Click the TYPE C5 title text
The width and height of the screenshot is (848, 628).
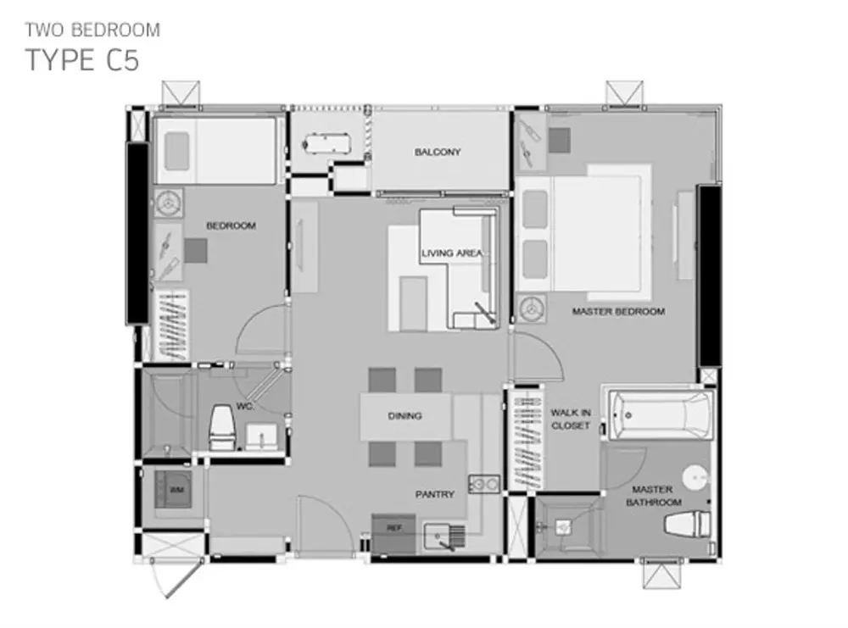pos(82,59)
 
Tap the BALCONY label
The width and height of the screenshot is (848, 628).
pos(438,152)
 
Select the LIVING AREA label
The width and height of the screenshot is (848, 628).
pos(452,253)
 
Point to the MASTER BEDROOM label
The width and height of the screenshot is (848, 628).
pos(618,311)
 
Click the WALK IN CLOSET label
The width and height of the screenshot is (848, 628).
pos(571,419)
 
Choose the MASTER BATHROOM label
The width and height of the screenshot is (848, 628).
pos(653,496)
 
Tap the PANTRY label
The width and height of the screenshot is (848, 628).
pos(435,494)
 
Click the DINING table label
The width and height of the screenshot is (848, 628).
pos(404,415)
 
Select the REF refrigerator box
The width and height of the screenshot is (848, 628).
pos(393,533)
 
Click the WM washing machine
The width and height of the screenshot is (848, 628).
pos(173,490)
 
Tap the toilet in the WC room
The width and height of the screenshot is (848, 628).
pos(221,428)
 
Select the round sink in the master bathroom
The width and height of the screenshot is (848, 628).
pos(695,478)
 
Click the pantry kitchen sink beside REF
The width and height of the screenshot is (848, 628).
pos(444,536)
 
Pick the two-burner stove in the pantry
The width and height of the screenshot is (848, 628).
pos(484,484)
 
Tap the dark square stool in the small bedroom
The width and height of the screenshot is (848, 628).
pos(195,251)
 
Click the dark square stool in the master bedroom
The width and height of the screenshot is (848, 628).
pos(560,140)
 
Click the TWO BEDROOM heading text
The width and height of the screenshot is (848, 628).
pos(92,30)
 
